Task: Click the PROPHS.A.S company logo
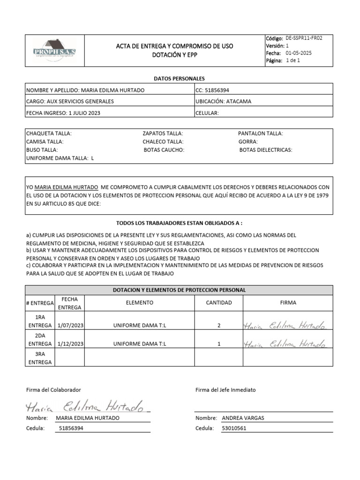coord(54,49)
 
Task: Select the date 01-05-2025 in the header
coord(299,53)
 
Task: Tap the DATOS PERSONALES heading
coord(179,79)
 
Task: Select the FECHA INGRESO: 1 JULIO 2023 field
coord(63,113)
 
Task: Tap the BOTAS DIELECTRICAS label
coord(266,150)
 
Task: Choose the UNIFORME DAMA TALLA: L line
coord(60,158)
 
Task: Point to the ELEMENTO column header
coord(139,303)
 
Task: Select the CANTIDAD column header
coord(219,303)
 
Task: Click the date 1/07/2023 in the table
coord(70,325)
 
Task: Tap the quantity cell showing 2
coord(219,325)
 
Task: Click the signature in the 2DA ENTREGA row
coord(285,344)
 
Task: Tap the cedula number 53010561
coord(234,428)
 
